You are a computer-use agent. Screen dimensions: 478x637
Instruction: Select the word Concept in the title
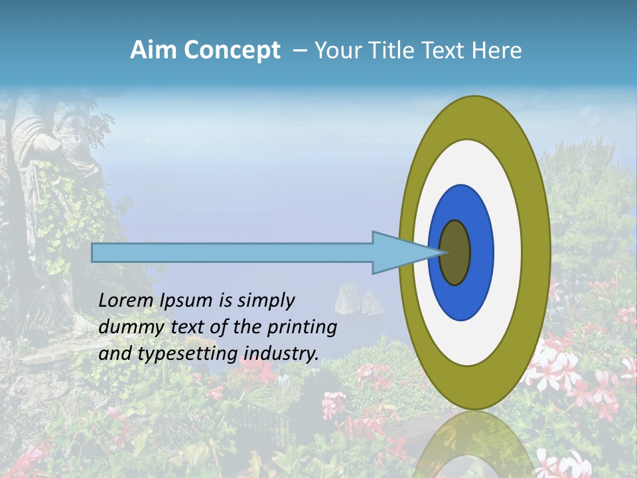pos(232,50)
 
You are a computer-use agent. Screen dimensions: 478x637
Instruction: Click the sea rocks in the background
pos(358,299)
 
